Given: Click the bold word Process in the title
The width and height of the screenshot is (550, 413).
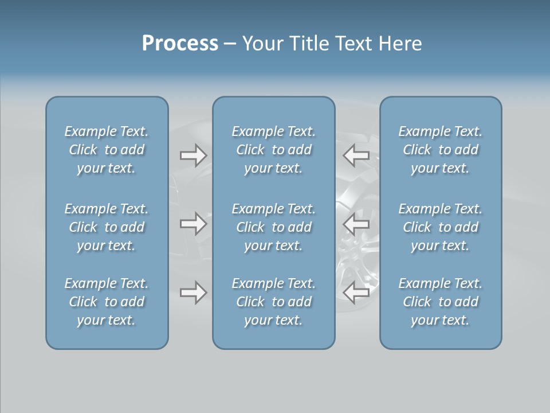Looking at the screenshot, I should click(x=180, y=44).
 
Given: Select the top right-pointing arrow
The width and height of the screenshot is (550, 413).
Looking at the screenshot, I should click(x=193, y=155).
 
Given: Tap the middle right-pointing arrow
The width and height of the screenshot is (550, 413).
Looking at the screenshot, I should click(x=193, y=224).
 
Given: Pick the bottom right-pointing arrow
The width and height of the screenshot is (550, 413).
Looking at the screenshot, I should click(x=193, y=293).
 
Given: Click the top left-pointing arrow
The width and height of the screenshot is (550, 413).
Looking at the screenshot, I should click(x=356, y=155).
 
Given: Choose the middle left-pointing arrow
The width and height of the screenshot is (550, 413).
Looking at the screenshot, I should click(x=356, y=224).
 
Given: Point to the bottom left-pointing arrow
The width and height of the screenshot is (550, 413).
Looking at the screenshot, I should click(x=356, y=293).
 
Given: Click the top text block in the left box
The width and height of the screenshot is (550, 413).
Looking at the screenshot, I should click(x=107, y=150).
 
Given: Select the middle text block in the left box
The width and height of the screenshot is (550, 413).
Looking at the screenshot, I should click(x=107, y=227).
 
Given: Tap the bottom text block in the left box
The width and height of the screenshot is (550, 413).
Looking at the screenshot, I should click(x=107, y=302).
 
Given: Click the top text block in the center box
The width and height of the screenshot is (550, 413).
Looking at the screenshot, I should click(x=273, y=150).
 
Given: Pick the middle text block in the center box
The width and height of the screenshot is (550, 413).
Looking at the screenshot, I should click(x=273, y=227).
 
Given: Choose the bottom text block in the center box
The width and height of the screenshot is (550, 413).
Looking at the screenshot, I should click(x=273, y=302).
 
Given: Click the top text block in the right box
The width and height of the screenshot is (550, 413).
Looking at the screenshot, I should click(x=440, y=150).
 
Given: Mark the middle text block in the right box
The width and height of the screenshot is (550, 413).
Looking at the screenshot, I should click(x=440, y=227).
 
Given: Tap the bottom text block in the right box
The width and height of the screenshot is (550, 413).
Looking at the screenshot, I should click(x=440, y=302).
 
